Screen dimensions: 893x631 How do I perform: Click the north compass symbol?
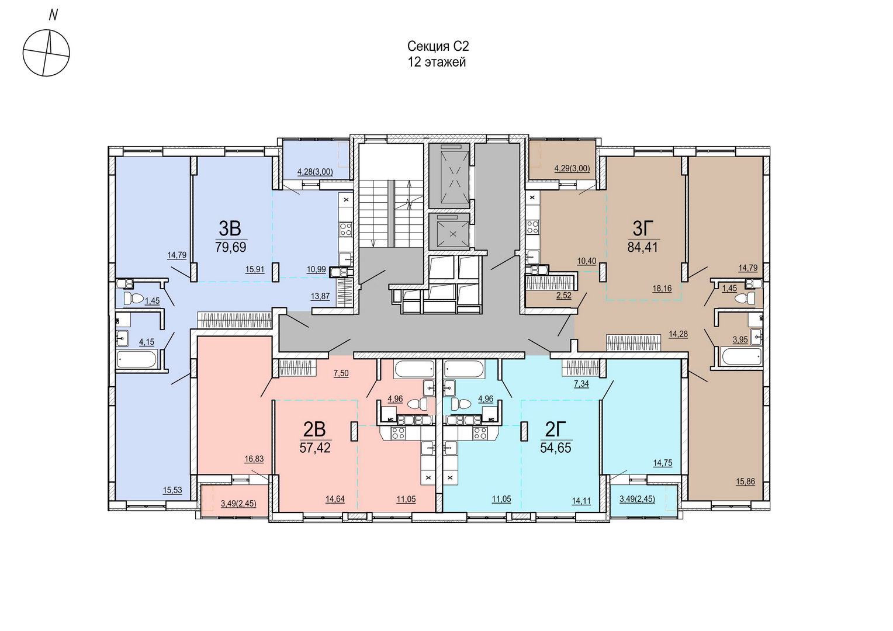(46, 53)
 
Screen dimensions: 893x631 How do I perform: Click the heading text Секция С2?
(438, 47)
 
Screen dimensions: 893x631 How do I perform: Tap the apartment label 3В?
(230, 228)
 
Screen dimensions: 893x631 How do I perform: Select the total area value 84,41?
(642, 247)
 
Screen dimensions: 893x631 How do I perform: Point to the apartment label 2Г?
(555, 429)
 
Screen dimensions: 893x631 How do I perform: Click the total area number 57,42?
(315, 448)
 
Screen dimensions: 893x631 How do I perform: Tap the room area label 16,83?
(254, 459)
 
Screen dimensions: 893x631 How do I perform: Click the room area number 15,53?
(172, 490)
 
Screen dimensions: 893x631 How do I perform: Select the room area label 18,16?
(662, 289)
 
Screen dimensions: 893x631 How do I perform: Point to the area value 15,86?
(745, 482)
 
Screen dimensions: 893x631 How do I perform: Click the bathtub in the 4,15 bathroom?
(137, 359)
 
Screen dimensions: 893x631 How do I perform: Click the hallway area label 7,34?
(582, 384)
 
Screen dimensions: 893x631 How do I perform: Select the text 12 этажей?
(437, 63)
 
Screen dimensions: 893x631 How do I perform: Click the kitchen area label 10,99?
(316, 269)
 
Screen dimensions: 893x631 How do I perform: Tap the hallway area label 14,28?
(678, 334)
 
